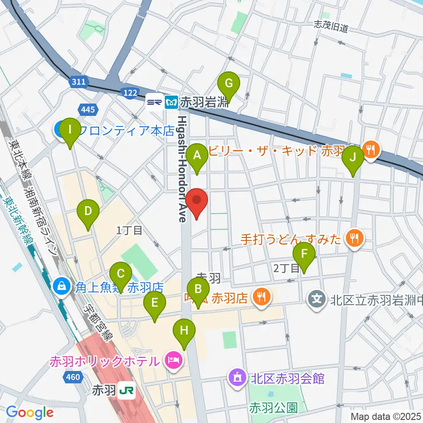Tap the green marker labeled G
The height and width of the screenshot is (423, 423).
[x=229, y=83]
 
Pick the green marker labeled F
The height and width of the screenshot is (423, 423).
[x=304, y=254]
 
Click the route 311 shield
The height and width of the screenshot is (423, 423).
[x=78, y=82]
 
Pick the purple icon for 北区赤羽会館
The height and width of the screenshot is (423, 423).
[x=237, y=378]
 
